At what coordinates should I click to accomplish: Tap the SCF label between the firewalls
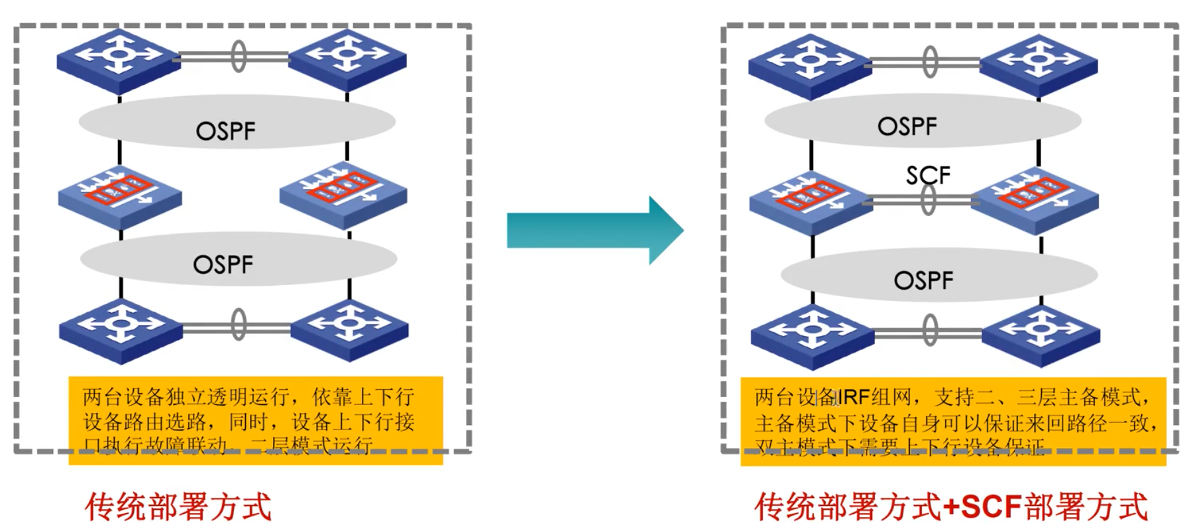coord(928,175)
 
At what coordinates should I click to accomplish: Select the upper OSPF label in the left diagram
coord(225,131)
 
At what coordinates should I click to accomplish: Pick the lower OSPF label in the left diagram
coord(223,264)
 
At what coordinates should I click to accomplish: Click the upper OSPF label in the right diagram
coord(907,126)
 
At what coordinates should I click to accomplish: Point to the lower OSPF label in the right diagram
coord(923,280)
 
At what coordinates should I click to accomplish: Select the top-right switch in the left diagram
coord(347,58)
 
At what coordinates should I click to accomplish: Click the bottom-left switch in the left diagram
coord(120,329)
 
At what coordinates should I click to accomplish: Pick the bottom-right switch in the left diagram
coord(349,329)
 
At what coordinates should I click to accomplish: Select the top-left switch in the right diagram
coord(810,64)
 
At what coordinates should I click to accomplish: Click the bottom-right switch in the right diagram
coord(1040,333)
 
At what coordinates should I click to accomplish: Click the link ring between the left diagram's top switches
coord(239,56)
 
